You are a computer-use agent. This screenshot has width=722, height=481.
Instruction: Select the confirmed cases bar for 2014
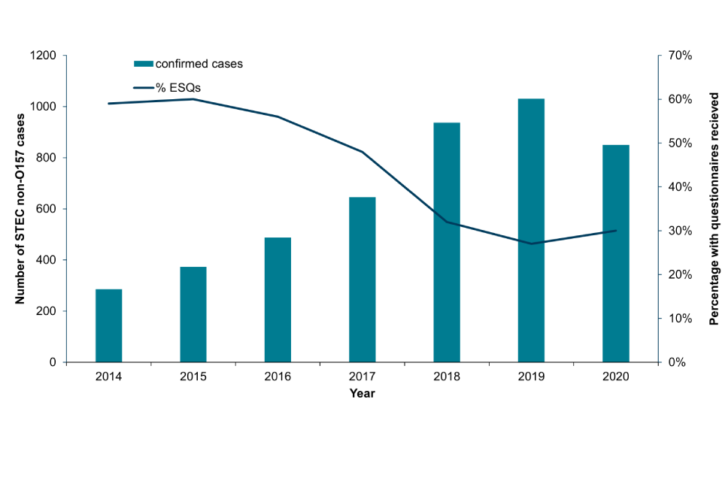(108, 325)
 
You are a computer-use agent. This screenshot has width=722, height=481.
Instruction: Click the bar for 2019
(531, 230)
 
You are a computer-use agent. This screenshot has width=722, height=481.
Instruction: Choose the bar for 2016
(278, 300)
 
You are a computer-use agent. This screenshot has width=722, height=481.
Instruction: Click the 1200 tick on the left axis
(43, 56)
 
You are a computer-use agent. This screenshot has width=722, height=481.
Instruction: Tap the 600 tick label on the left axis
(46, 209)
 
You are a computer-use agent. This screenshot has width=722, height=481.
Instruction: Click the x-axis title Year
(362, 393)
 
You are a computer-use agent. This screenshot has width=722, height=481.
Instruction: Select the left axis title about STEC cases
(20, 209)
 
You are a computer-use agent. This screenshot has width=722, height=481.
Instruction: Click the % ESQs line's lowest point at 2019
(531, 244)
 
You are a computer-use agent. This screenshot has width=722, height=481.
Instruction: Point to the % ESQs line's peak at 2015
(193, 99)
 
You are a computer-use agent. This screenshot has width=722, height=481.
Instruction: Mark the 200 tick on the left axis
(46, 311)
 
